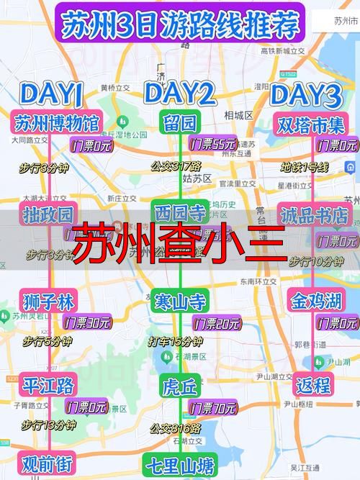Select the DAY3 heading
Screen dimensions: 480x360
[x=305, y=94]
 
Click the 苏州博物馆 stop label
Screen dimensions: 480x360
[x=58, y=122]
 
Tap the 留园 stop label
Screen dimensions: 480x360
[x=180, y=120]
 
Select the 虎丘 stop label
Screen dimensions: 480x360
[x=179, y=387]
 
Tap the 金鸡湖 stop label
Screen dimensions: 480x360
[x=312, y=301]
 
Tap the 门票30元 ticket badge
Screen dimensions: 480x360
[x=87, y=322]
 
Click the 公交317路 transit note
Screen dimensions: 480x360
[x=176, y=166]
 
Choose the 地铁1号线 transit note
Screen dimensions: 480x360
[x=305, y=167]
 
